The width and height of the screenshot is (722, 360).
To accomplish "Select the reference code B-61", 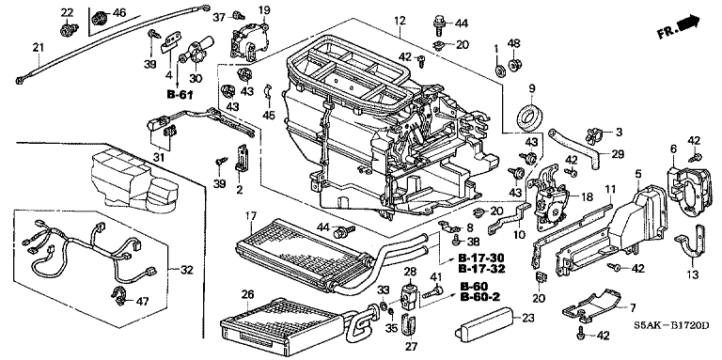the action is pos(180,95).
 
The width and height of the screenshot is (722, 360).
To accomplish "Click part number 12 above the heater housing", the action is pos(400,21).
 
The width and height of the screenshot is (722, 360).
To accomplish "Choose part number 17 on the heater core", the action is pos(250,214).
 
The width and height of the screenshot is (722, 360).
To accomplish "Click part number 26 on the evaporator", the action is pos(247,292).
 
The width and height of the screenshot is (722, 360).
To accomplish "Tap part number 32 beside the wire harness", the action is pos(186,270).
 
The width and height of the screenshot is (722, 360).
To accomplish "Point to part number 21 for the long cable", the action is pos(39,46).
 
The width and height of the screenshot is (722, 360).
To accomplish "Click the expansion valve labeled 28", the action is pos(408,292).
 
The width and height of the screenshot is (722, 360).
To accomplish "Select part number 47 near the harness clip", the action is pos(142,302).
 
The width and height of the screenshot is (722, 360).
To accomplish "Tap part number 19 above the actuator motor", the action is pos(264,9).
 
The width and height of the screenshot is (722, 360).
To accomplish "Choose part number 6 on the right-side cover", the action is pos(674,149).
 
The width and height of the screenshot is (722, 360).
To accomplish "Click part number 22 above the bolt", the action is pos(68,12).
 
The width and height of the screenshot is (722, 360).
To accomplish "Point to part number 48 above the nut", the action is pos(513,43).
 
